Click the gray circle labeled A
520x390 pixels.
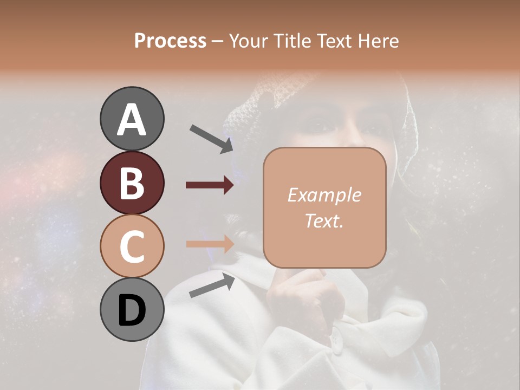coord(132,119)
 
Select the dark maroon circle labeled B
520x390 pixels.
coord(132,183)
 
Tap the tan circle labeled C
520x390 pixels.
coord(132,246)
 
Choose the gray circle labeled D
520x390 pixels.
coord(132,310)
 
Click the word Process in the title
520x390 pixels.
coord(170,41)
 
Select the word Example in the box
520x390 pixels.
coord(324,195)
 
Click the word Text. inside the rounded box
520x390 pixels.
coord(324,220)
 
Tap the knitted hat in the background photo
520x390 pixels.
coord(255,103)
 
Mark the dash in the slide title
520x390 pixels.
coord(218,42)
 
